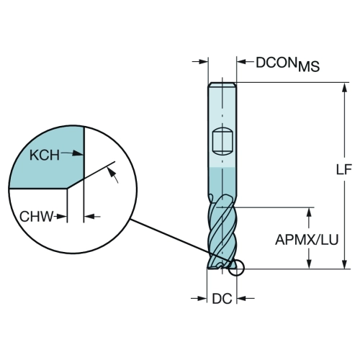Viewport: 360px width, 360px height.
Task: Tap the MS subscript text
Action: pos(309,66)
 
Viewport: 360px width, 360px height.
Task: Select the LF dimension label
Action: pos(344,169)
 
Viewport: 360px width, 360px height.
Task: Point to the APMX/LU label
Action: pos(307,240)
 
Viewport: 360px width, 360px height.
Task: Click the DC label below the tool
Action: pos(222,299)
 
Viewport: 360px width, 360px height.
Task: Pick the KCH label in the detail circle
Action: pos(45,155)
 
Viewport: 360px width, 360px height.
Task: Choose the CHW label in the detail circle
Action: pos(36,217)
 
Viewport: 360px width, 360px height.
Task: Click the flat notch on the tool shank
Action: pos(222,142)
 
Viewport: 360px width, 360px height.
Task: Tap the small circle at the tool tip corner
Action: pos(236,267)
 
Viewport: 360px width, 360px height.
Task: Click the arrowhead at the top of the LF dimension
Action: pos(345,88)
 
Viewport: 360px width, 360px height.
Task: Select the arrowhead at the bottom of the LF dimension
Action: pos(345,264)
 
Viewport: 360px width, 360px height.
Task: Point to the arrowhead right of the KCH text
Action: pos(78,153)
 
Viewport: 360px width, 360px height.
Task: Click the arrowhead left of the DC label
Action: pos(202,299)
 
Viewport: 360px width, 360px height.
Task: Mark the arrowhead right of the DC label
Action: pos(241,299)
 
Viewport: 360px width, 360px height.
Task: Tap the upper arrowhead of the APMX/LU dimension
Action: pos(310,212)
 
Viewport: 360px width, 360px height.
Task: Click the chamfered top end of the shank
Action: pos(222,84)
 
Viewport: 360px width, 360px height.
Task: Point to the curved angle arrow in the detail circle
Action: pos(112,175)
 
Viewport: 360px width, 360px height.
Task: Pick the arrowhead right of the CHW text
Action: pos(62,217)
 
